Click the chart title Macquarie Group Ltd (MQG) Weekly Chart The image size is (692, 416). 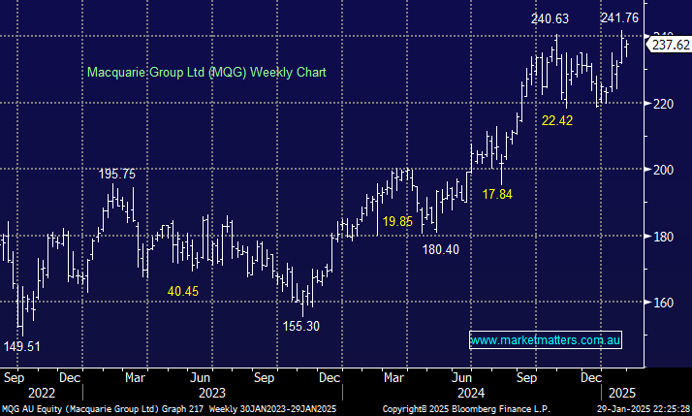click(x=206, y=72)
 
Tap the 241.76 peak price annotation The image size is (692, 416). click(x=619, y=17)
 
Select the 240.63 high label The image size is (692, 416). click(x=550, y=18)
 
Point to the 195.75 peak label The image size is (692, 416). click(x=116, y=174)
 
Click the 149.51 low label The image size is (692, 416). click(x=22, y=345)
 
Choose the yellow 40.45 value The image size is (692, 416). click(x=182, y=290)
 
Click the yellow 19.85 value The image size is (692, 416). click(x=396, y=222)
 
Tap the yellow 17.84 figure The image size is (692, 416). click(x=497, y=194)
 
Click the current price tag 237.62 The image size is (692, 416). click(x=671, y=45)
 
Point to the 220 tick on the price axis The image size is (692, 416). click(x=662, y=103)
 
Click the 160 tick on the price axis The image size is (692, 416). click(x=662, y=303)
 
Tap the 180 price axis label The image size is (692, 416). click(x=662, y=237)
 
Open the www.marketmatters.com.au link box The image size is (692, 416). click(x=545, y=339)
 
